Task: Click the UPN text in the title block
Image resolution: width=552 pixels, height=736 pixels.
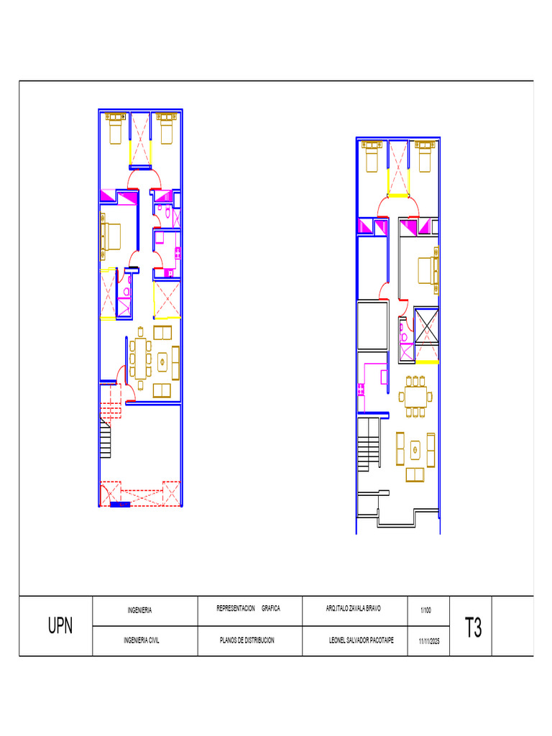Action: pyautogui.click(x=60, y=626)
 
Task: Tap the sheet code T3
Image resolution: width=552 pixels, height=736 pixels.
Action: pyautogui.click(x=473, y=627)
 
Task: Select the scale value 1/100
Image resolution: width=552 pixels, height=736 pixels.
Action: pyautogui.click(x=425, y=610)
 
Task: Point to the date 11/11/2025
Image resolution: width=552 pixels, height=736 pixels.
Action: pyautogui.click(x=429, y=641)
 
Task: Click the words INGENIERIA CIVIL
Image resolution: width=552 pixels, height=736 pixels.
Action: pyautogui.click(x=142, y=640)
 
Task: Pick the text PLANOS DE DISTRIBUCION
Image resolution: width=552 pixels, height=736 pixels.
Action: pyautogui.click(x=247, y=640)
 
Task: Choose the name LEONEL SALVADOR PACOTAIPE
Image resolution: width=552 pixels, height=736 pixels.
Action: pyautogui.click(x=361, y=640)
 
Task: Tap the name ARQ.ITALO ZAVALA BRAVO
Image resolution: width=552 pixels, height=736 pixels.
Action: pyautogui.click(x=354, y=608)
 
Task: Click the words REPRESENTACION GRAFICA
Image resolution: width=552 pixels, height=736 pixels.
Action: pyautogui.click(x=248, y=608)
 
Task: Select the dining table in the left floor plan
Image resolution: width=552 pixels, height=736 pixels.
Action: pyautogui.click(x=140, y=358)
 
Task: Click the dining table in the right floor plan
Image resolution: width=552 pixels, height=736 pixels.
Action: pyautogui.click(x=415, y=397)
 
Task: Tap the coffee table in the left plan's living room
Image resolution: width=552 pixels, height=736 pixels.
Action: pyautogui.click(x=162, y=362)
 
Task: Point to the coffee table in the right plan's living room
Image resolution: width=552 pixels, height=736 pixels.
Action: pyautogui.click(x=415, y=451)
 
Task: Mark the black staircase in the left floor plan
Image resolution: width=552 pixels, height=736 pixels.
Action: pyautogui.click(x=105, y=438)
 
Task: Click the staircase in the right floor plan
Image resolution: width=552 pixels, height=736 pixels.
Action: pyautogui.click(x=369, y=444)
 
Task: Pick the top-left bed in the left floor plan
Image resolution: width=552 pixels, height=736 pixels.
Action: pyautogui.click(x=116, y=128)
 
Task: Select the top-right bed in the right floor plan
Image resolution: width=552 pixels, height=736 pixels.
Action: pyautogui.click(x=425, y=156)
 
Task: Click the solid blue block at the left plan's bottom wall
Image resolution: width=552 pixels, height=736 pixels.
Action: pyautogui.click(x=120, y=505)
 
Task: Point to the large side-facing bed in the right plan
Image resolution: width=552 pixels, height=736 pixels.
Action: pyautogui.click(x=428, y=270)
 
